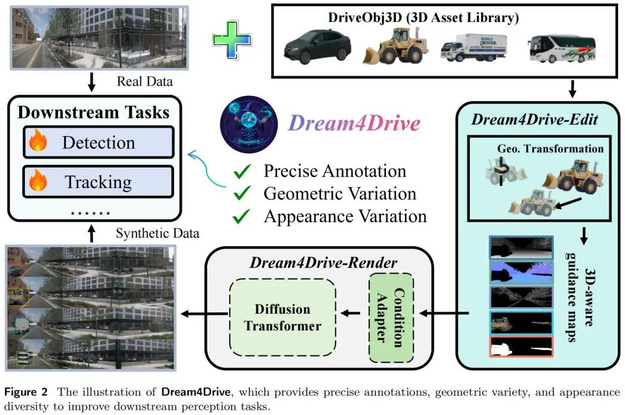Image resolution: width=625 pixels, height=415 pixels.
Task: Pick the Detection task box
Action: [x=98, y=142]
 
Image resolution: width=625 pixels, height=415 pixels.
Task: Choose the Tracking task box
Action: [x=98, y=182]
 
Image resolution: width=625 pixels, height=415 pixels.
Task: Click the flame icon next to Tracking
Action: [x=39, y=183]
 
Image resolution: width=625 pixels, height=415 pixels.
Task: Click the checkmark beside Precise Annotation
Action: [x=243, y=172]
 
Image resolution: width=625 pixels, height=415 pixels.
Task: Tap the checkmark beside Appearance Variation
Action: [x=243, y=216]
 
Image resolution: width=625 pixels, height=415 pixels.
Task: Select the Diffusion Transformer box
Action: [x=282, y=317]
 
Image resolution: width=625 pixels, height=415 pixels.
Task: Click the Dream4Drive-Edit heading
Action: [x=534, y=120]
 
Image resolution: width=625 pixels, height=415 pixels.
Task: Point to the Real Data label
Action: [x=145, y=82]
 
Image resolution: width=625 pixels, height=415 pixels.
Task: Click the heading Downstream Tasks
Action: [x=94, y=112]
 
